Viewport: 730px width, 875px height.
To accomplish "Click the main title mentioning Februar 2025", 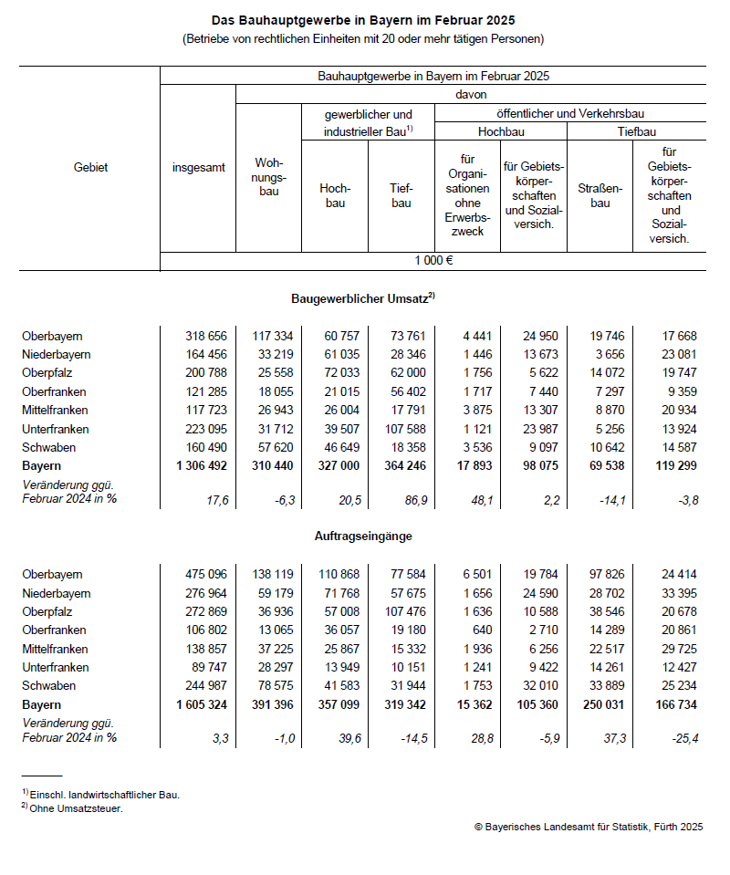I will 363,19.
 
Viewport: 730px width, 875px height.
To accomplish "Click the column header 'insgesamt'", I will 198,168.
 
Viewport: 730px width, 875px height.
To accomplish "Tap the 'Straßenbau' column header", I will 600,195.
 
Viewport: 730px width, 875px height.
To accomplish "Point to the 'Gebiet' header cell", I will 90,168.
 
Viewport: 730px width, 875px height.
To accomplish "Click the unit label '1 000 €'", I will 433,260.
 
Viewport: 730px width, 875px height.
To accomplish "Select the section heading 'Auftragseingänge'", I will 363,536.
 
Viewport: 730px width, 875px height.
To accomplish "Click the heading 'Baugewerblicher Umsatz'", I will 363,298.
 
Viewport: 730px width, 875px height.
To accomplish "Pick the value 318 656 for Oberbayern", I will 205,336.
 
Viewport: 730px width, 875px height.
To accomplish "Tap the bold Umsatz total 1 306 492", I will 201,465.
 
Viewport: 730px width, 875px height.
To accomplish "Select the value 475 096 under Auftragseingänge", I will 205,574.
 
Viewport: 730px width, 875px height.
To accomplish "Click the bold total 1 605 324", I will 201,704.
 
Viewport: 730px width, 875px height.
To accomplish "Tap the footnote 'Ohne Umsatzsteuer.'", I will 75,808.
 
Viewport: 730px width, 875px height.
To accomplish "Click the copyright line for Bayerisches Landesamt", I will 588,827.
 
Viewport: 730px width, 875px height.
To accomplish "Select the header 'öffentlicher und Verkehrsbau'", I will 570,114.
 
